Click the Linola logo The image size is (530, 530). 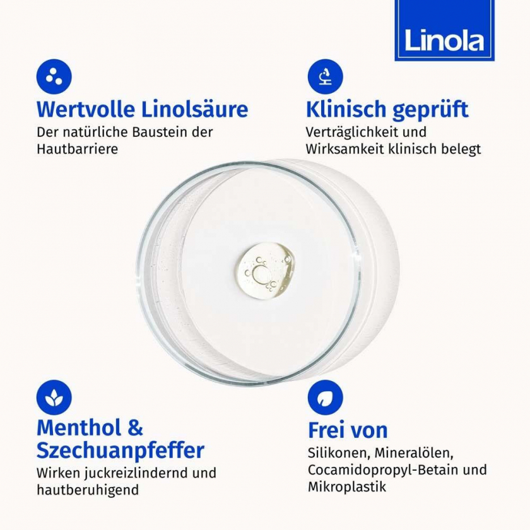point(444,30)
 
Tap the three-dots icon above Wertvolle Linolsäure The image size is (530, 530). point(54,76)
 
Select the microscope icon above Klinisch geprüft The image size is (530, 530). point(325,76)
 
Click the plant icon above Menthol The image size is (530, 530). point(54,397)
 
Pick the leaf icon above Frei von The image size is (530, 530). point(325,397)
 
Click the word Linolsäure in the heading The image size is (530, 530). point(194,109)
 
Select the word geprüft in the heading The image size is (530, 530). point(430,110)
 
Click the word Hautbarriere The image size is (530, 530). point(78,149)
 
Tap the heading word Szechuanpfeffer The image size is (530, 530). point(121,450)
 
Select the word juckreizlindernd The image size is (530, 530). point(137,473)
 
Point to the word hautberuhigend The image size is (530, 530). point(88,490)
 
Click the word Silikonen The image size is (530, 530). point(338,453)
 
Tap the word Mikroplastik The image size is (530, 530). point(347,487)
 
